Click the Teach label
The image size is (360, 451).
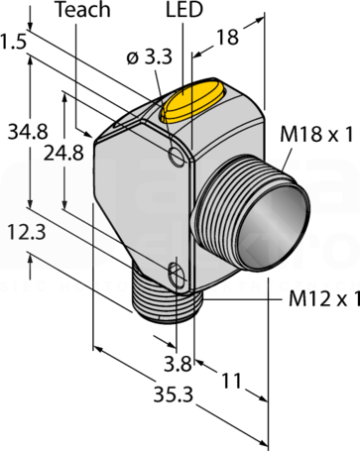click(83, 10)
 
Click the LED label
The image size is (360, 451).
click(184, 10)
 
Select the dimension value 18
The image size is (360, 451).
click(227, 37)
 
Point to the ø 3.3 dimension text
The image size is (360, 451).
click(150, 57)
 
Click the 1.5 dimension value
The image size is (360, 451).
click(13, 42)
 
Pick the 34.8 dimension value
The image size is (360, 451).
click(28, 131)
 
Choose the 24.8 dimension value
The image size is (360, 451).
click(63, 153)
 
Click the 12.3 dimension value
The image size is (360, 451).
click(27, 232)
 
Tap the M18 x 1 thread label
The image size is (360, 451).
click(316, 135)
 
